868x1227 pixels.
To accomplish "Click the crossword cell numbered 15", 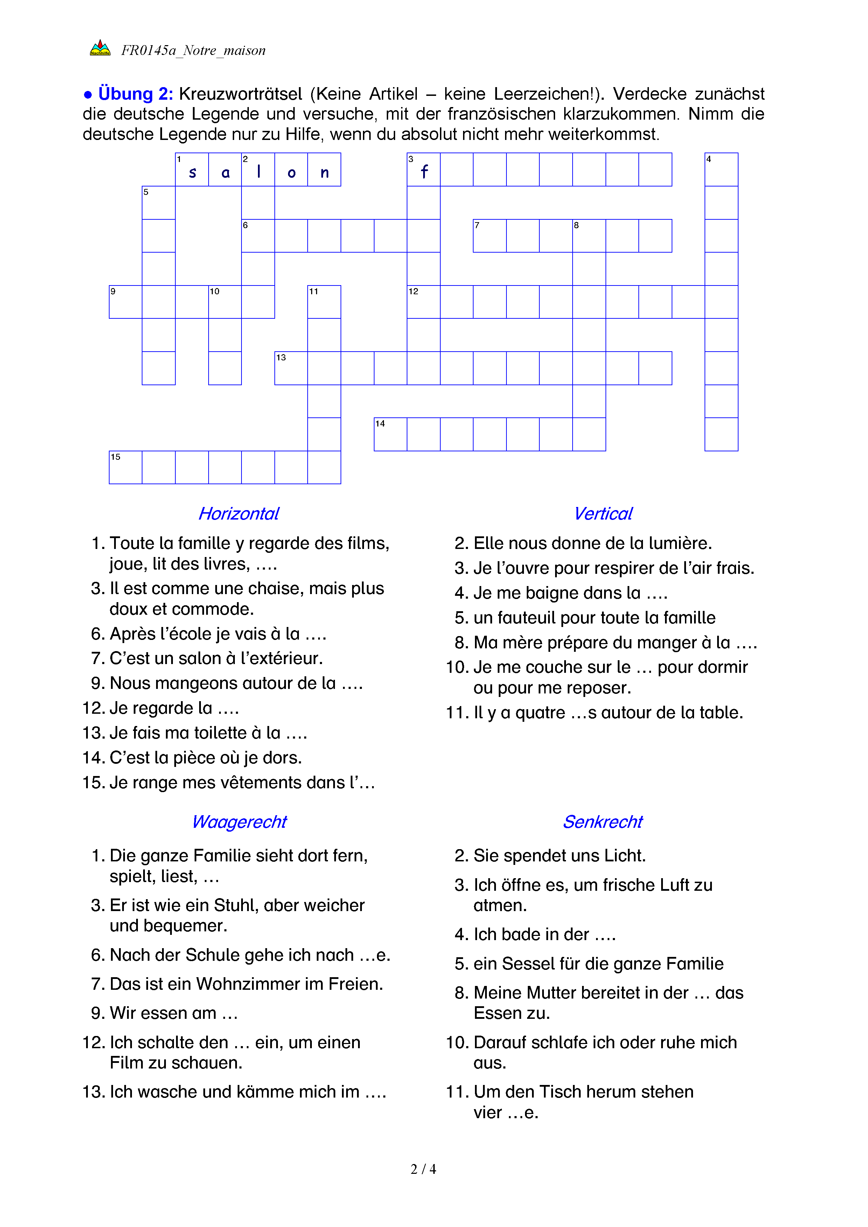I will pos(126,468).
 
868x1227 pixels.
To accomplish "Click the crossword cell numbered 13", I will pos(291,368).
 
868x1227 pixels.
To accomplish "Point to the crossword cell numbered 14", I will pos(390,435).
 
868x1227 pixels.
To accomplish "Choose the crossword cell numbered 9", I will pos(126,302).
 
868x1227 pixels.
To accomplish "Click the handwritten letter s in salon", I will pos(192,172).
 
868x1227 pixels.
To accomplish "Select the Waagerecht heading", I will pos(239,822).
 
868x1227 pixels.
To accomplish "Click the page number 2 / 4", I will pos(423,1169).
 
